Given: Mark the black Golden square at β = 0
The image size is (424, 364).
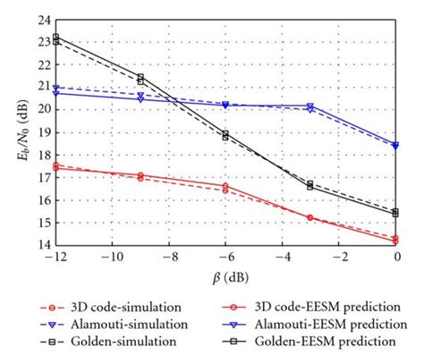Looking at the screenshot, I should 395,213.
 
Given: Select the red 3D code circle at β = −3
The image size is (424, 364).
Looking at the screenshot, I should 310,217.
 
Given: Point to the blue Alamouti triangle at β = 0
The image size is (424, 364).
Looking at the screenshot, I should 395,144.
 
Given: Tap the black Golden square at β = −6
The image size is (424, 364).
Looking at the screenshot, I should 225,135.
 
